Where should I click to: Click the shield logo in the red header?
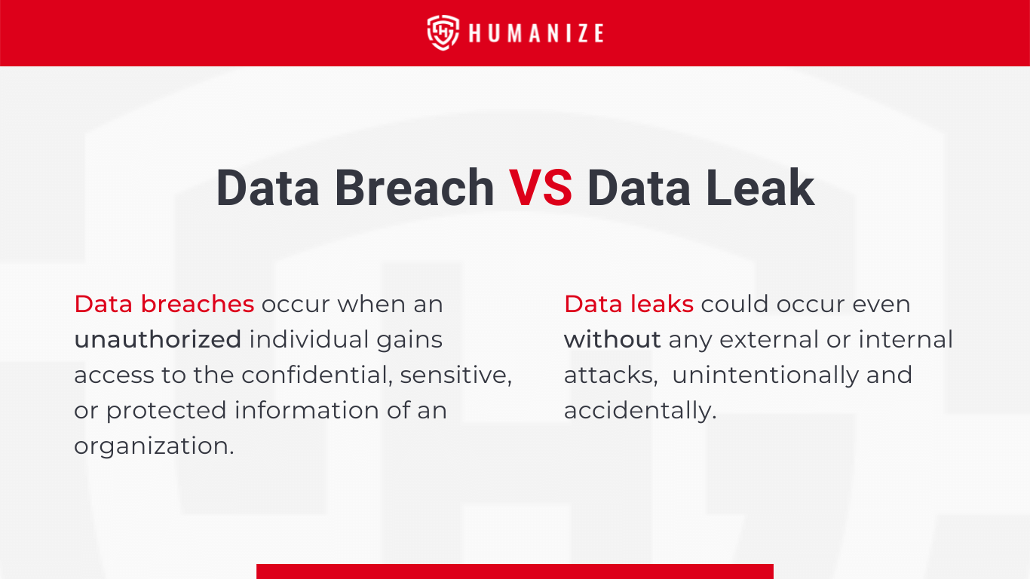click(x=443, y=32)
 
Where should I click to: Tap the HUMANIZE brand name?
click(x=536, y=33)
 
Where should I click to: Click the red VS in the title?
click(x=541, y=188)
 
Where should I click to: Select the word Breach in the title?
click(x=414, y=188)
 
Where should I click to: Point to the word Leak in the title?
click(x=760, y=187)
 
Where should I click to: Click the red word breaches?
click(x=198, y=304)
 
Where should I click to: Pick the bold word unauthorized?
click(x=158, y=339)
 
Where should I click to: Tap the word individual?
click(x=309, y=339)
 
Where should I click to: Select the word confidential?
click(x=317, y=375)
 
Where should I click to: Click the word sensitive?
click(x=455, y=375)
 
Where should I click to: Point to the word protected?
click(x=167, y=411)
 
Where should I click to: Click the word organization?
click(x=154, y=446)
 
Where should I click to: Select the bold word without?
click(x=612, y=339)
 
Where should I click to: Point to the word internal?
click(x=906, y=339)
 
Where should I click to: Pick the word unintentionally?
click(x=765, y=375)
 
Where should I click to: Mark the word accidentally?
click(x=640, y=411)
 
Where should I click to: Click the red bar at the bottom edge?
click(x=515, y=571)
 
